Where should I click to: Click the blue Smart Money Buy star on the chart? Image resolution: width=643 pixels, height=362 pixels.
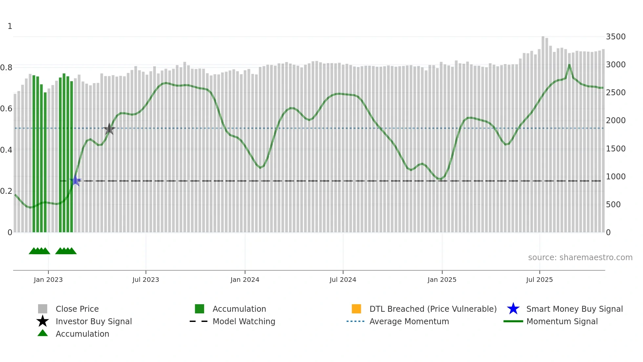tap(75, 181)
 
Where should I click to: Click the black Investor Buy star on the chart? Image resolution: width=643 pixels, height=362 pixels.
tap(109, 129)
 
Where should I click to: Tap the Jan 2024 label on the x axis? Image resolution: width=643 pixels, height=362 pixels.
tap(245, 280)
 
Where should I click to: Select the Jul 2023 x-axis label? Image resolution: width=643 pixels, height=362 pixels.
tap(146, 280)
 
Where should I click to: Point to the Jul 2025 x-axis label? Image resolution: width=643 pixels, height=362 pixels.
tap(539, 280)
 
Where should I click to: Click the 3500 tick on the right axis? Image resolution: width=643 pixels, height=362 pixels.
tap(615, 37)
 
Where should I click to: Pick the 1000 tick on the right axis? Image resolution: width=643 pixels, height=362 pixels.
tap(615, 177)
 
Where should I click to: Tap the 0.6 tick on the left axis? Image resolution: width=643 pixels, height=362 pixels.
tap(6, 109)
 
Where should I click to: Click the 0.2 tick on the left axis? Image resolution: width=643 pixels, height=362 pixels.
tap(6, 191)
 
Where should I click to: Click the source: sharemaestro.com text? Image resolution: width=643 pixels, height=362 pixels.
tap(580, 258)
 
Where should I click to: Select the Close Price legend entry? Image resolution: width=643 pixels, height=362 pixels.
tap(77, 309)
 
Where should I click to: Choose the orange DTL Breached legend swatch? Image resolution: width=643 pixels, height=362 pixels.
tap(356, 309)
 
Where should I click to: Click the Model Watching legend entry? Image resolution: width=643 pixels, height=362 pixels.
tap(244, 321)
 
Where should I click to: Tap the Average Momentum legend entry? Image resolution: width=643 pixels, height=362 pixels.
tap(409, 321)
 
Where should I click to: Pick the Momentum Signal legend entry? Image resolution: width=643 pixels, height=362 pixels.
tap(562, 321)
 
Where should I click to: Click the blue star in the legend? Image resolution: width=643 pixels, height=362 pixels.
tap(513, 309)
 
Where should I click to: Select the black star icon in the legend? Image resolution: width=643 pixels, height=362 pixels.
tap(43, 321)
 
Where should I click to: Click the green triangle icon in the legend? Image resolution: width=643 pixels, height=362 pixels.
tap(43, 333)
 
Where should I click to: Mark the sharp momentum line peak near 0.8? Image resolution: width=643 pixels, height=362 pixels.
tap(569, 65)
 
